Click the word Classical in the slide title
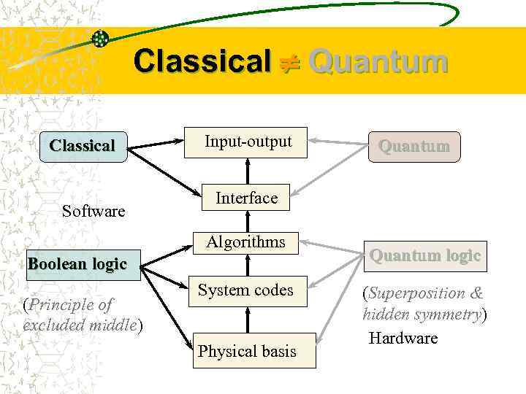tap(202, 61)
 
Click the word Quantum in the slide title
tap(377, 61)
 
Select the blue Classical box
tap(82, 146)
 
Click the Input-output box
tap(248, 142)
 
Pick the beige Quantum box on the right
tap(413, 147)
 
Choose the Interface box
tap(246, 198)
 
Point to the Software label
tap(94, 212)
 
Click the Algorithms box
tap(245, 242)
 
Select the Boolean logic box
tap(77, 264)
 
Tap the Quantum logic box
tap(424, 256)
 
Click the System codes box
tap(245, 290)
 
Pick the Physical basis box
tap(247, 351)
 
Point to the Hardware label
tap(403, 338)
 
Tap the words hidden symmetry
tap(422, 314)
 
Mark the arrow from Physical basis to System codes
tap(248, 320)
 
